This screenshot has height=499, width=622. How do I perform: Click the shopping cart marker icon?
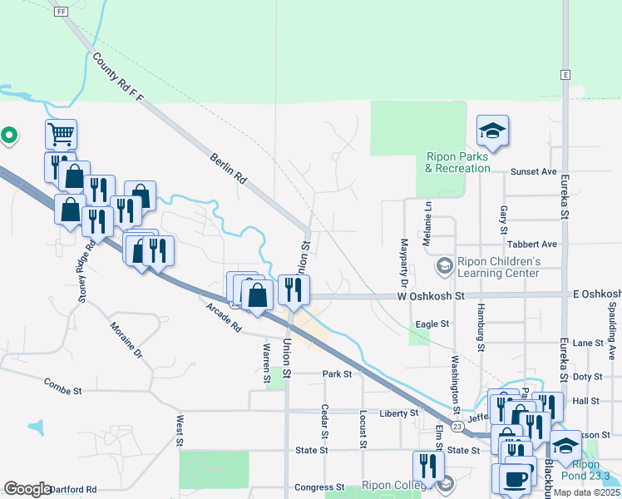(61, 134)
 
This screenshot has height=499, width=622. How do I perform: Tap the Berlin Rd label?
(229, 168)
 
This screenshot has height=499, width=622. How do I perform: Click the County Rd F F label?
(118, 79)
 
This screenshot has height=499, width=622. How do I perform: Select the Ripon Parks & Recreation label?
(457, 162)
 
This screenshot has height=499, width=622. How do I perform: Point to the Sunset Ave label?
(533, 171)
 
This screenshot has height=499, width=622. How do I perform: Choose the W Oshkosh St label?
(430, 296)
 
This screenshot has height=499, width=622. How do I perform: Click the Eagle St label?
(432, 324)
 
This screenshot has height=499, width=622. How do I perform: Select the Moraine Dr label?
(127, 340)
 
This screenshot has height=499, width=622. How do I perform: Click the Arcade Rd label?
(224, 318)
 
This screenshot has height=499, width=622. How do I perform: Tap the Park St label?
(337, 374)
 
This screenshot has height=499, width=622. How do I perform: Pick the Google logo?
(27, 489)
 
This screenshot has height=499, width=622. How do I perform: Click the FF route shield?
(61, 12)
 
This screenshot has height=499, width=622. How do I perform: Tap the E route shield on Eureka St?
(565, 74)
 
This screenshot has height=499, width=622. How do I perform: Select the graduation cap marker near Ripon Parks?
(492, 131)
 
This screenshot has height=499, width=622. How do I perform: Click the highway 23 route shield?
(457, 426)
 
